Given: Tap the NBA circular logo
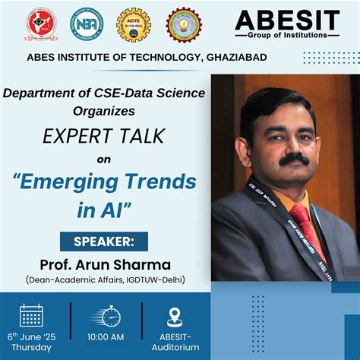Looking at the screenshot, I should click(87, 24).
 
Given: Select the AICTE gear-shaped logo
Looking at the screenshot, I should click(134, 24).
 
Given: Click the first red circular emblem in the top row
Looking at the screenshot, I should click(41, 24).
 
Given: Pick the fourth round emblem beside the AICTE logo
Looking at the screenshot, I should click(184, 24).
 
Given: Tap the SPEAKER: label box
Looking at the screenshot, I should click(104, 242).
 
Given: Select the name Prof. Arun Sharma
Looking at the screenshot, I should click(106, 264).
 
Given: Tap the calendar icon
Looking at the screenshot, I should click(31, 315).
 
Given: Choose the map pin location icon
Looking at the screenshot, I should click(175, 317).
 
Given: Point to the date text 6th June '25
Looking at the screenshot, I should click(32, 336).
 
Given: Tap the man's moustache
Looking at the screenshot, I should click(294, 159).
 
